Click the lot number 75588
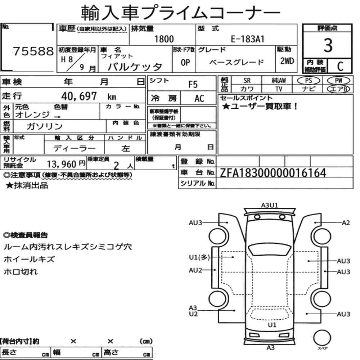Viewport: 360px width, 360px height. point(33,51)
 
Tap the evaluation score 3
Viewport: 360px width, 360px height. point(328,45)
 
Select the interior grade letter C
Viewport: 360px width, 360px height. point(340,66)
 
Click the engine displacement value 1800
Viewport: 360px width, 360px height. point(164,39)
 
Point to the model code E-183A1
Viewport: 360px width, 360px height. point(248,39)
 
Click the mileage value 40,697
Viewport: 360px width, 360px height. point(79,96)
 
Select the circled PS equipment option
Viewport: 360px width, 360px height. point(309,80)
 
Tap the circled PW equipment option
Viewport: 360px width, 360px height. point(338,80)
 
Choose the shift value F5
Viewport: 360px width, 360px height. point(193,85)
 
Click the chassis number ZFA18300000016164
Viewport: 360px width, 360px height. point(273,173)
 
